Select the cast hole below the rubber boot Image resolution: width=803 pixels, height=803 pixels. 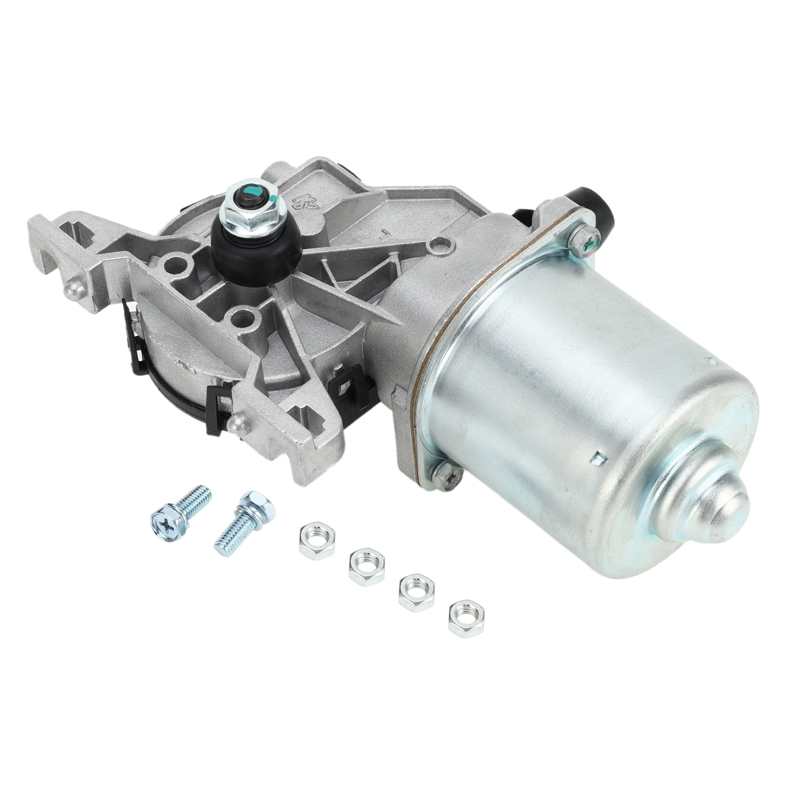[243, 318]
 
